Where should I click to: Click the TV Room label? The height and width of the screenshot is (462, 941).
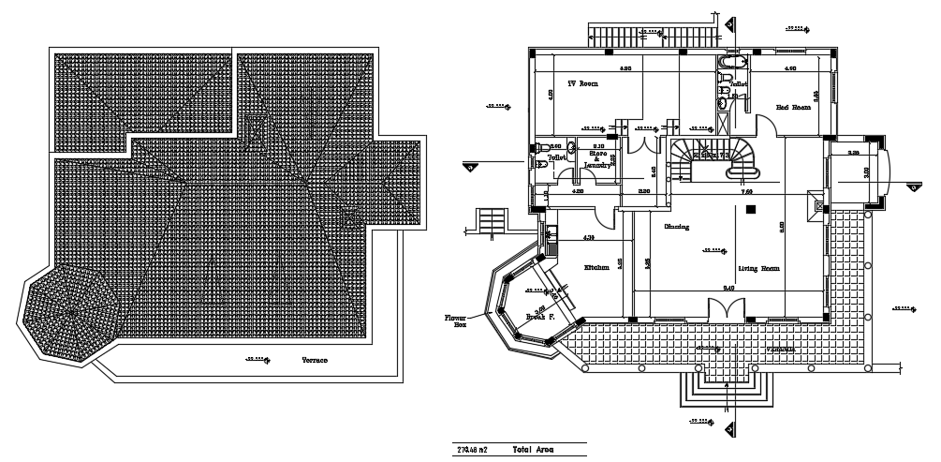(583, 83)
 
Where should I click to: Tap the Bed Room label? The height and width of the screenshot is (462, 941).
(793, 107)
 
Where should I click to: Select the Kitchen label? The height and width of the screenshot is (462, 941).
(597, 268)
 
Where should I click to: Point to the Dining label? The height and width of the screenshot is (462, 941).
(677, 227)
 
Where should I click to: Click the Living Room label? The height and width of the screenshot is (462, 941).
(759, 269)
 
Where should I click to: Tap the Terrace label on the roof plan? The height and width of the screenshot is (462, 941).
(314, 360)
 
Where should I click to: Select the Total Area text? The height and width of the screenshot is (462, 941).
(533, 450)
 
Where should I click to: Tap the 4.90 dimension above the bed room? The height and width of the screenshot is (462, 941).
(789, 69)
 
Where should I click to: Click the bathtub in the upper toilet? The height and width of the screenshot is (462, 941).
(728, 63)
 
